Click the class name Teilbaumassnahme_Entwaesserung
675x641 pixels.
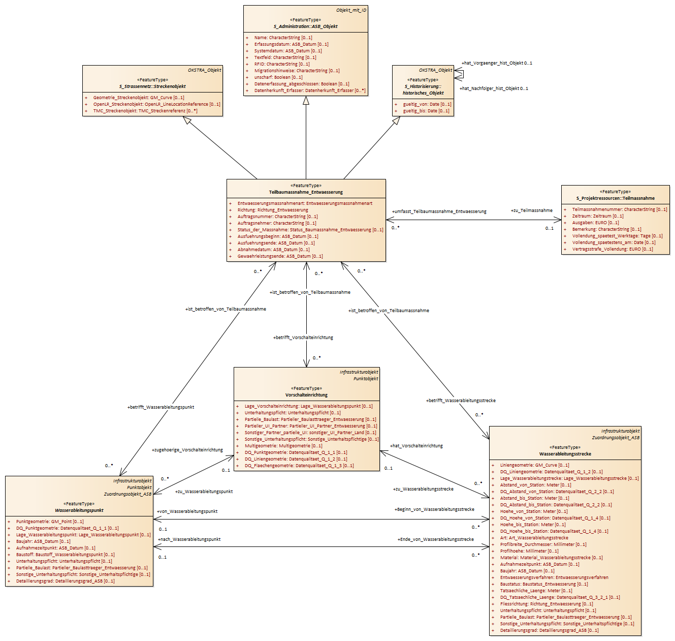coord(306,192)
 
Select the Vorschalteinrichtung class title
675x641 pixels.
coord(307,395)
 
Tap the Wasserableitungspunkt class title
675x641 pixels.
coord(79,510)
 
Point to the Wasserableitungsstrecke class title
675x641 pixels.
coord(565,454)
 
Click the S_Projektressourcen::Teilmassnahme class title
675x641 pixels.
coord(615,198)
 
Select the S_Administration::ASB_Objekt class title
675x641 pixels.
coord(306,26)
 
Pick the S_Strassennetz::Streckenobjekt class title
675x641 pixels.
coord(152,86)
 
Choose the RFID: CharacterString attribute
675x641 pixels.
coord(282,64)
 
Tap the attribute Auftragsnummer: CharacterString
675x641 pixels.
coord(278,217)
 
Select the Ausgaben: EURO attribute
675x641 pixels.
coord(596,222)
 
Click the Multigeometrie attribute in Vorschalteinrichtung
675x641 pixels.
coord(283,446)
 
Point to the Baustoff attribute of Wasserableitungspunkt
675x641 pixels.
coord(65,555)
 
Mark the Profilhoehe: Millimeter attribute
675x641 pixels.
coord(529,551)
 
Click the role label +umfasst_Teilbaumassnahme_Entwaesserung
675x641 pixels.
coord(439,211)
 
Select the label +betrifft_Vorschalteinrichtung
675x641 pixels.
coord(303,338)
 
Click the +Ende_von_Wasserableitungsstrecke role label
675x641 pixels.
coord(436,539)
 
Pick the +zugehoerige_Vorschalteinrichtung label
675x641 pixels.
coord(187,450)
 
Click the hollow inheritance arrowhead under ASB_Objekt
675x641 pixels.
coord(306,100)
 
